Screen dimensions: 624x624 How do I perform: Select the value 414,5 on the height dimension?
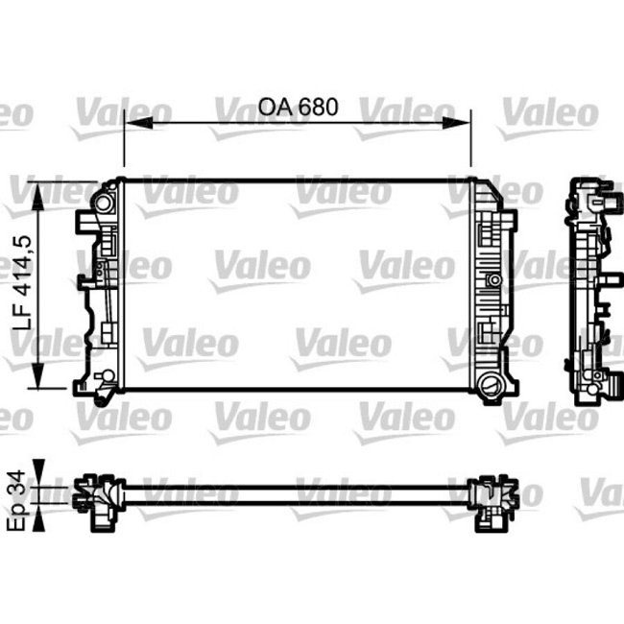click(21, 270)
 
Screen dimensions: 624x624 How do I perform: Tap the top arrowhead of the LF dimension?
click(39, 186)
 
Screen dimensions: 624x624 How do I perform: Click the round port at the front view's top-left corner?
click(103, 203)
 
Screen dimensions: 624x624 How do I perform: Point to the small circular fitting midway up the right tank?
click(494, 280)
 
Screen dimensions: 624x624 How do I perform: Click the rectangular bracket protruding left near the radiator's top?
click(84, 223)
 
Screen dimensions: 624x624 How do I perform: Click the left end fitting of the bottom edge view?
click(99, 499)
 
